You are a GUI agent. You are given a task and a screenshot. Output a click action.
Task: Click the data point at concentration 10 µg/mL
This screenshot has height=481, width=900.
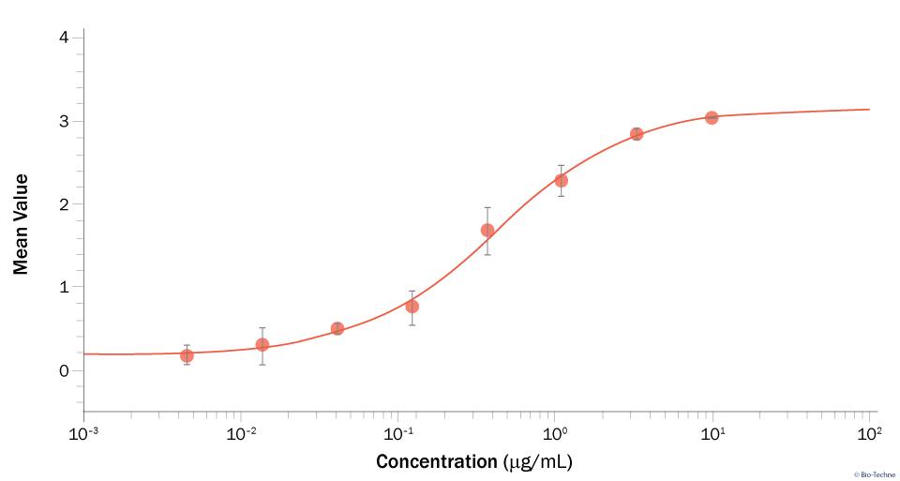point(712,117)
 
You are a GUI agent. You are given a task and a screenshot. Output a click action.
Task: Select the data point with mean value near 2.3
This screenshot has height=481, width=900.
point(561,180)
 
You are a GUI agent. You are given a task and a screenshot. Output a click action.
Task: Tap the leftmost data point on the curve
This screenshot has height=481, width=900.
point(187,355)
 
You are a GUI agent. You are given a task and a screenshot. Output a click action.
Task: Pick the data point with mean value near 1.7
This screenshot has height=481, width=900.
point(487,230)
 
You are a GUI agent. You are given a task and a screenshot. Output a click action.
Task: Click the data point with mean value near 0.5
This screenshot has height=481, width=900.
point(337,328)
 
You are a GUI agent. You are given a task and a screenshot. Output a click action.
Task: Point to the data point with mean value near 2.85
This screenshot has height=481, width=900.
point(637,133)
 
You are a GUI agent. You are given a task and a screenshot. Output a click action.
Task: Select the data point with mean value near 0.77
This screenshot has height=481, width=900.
point(412,307)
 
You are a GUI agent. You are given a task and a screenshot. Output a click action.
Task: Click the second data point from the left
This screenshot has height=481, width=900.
point(262,344)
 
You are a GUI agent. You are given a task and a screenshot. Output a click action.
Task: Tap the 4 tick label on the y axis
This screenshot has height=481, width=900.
point(63,38)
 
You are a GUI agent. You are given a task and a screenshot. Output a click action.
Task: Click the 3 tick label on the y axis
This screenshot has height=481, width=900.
point(63,122)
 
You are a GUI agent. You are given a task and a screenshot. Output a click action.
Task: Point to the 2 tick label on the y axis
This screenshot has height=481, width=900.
point(63,204)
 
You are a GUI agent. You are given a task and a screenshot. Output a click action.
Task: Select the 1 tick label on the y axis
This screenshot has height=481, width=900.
point(63,288)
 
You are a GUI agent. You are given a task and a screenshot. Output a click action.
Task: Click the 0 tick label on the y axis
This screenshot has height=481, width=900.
point(63,370)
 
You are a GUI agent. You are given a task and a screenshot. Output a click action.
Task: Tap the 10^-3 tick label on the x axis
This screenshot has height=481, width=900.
point(83,433)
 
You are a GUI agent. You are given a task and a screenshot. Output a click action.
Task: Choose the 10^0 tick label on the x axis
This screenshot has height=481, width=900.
point(556,433)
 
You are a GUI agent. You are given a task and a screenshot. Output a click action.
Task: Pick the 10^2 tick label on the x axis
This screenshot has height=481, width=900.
point(870,433)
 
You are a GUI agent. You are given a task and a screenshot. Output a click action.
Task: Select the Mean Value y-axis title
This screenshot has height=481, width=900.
point(21,223)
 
